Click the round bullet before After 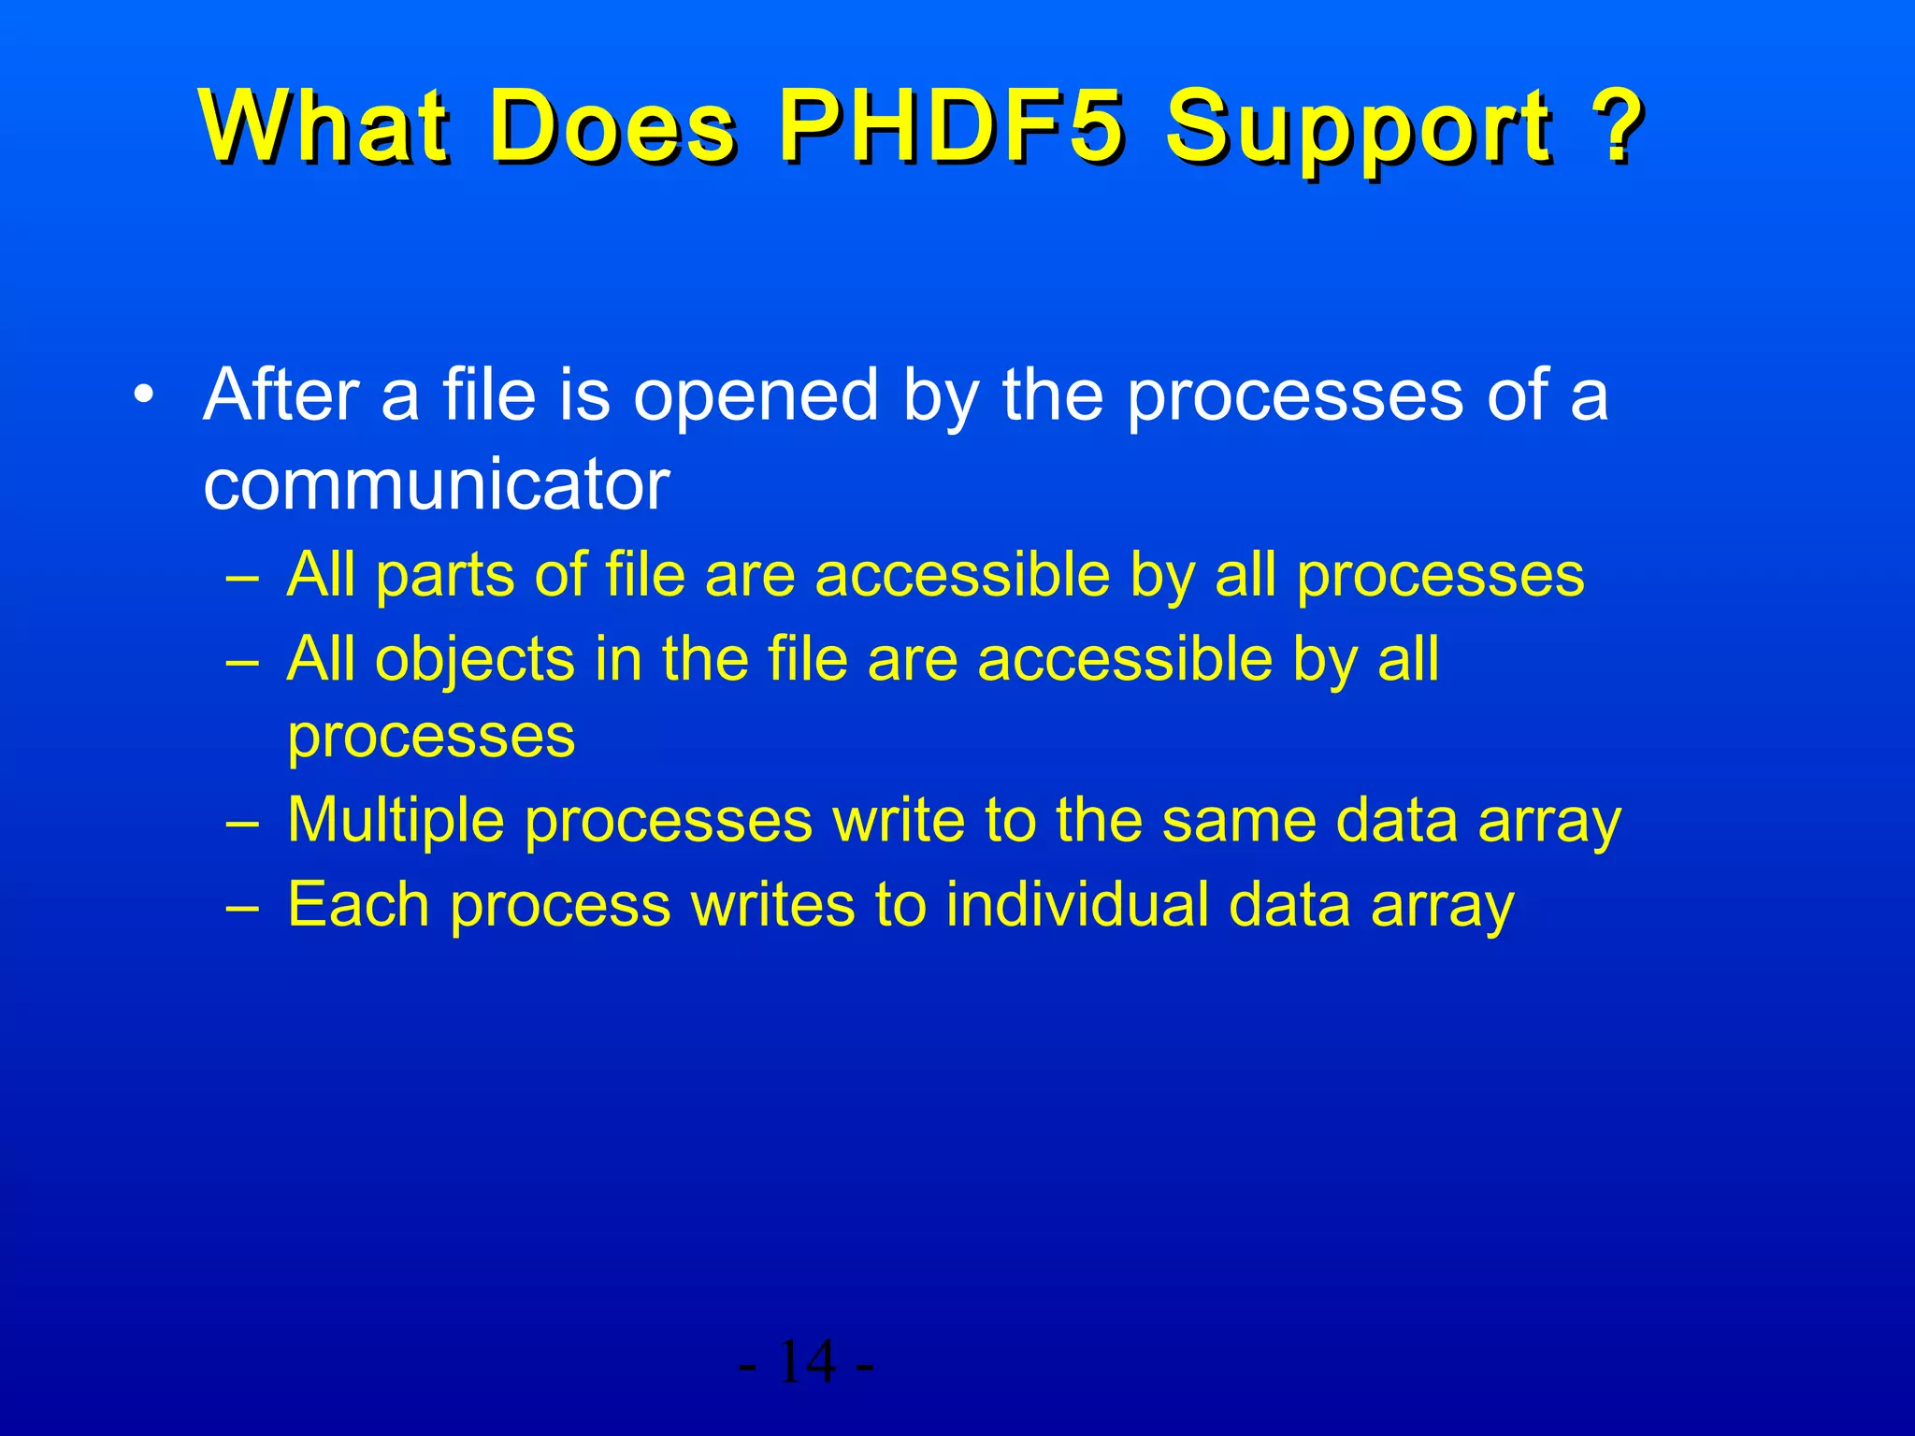142,395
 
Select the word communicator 436,485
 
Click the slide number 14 806,1362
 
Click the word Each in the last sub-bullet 357,905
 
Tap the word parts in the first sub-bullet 444,576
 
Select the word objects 474,660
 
